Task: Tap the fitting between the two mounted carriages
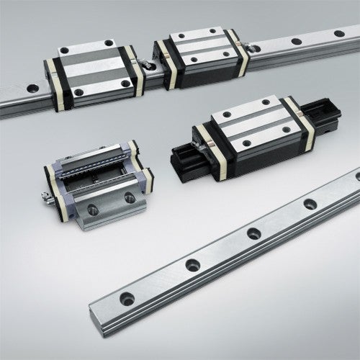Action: (148, 66)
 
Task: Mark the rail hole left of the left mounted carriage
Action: (32, 89)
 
